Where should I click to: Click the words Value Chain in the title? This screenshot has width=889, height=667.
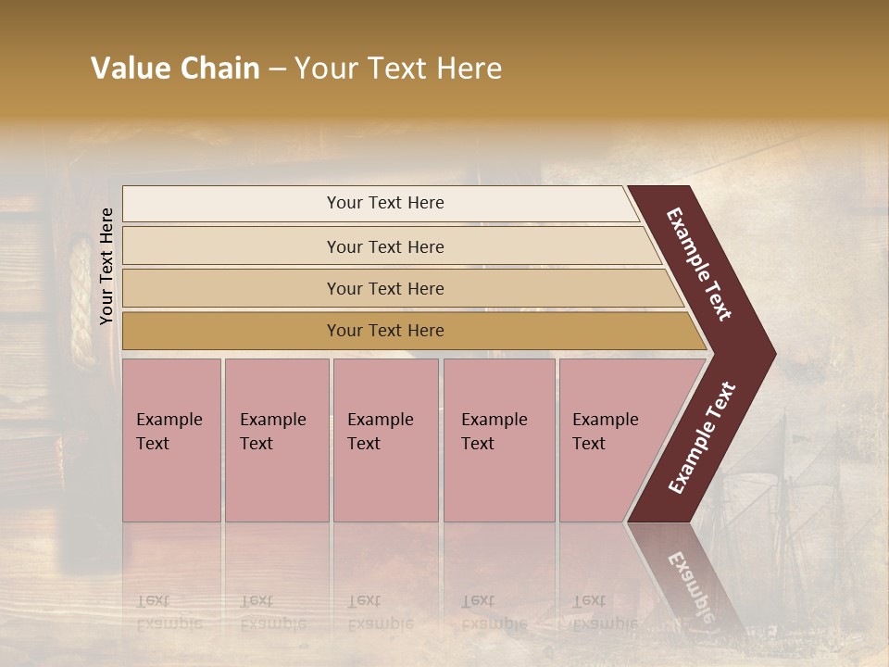(175, 69)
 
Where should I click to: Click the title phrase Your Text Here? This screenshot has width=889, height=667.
(398, 69)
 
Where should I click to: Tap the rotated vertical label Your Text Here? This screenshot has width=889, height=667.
(106, 266)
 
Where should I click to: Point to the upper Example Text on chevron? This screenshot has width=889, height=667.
(699, 264)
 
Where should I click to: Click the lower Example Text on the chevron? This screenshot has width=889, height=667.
(702, 437)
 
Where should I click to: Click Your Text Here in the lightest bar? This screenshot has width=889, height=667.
(385, 203)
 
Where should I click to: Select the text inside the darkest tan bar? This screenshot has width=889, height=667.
(385, 331)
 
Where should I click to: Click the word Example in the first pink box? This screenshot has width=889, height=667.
(169, 420)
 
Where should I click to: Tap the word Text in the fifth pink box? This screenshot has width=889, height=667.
(589, 444)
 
